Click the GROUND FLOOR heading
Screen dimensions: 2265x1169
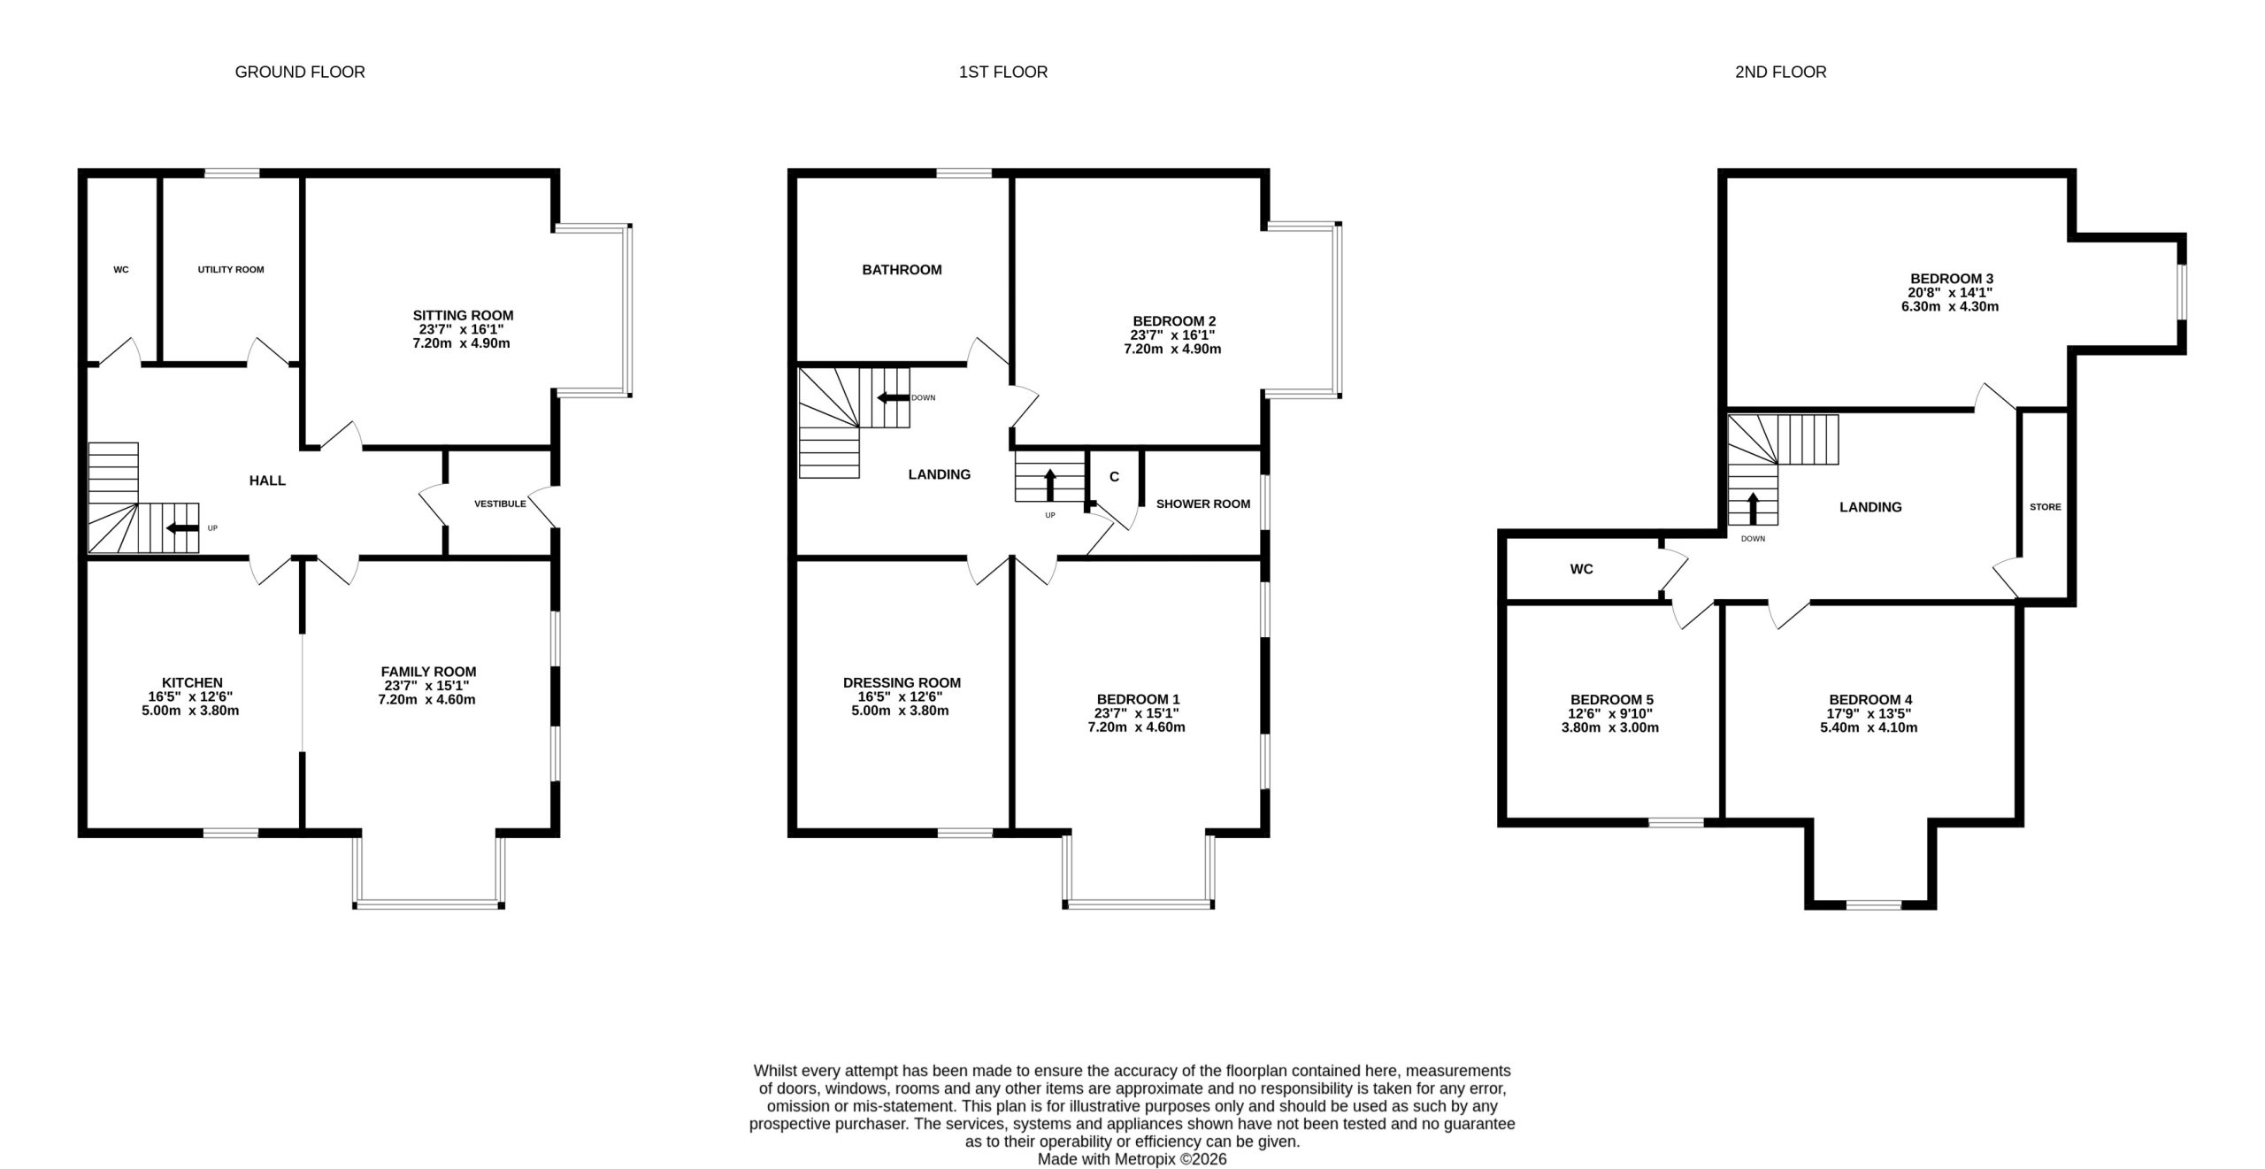[x=300, y=73]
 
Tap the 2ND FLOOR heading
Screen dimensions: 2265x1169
[x=1780, y=73]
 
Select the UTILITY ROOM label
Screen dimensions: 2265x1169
[x=231, y=270]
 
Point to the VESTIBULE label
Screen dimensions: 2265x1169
[x=500, y=504]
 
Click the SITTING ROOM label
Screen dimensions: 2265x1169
[x=463, y=315]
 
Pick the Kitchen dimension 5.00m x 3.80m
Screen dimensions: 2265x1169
[x=190, y=711]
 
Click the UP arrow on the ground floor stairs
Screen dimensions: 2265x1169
[x=183, y=528]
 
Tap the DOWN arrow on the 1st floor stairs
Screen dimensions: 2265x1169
[x=893, y=398]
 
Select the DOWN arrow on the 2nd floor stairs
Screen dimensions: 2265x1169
[x=1753, y=508]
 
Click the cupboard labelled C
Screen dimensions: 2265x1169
[x=1114, y=477]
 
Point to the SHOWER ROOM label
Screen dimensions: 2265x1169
[x=1203, y=504]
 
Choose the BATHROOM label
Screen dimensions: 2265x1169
[x=902, y=270]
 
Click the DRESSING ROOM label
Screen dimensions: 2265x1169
[x=902, y=683]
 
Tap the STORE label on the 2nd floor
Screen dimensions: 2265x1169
[x=2045, y=507]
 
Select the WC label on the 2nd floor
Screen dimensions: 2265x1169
[x=1581, y=569]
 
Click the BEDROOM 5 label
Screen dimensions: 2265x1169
[x=1611, y=700]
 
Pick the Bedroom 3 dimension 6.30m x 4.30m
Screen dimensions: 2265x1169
[x=1950, y=307]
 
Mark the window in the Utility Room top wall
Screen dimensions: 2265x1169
[x=233, y=173]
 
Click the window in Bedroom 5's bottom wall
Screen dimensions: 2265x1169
[x=1676, y=823]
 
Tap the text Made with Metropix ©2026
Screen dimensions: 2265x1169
[x=1132, y=1159]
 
